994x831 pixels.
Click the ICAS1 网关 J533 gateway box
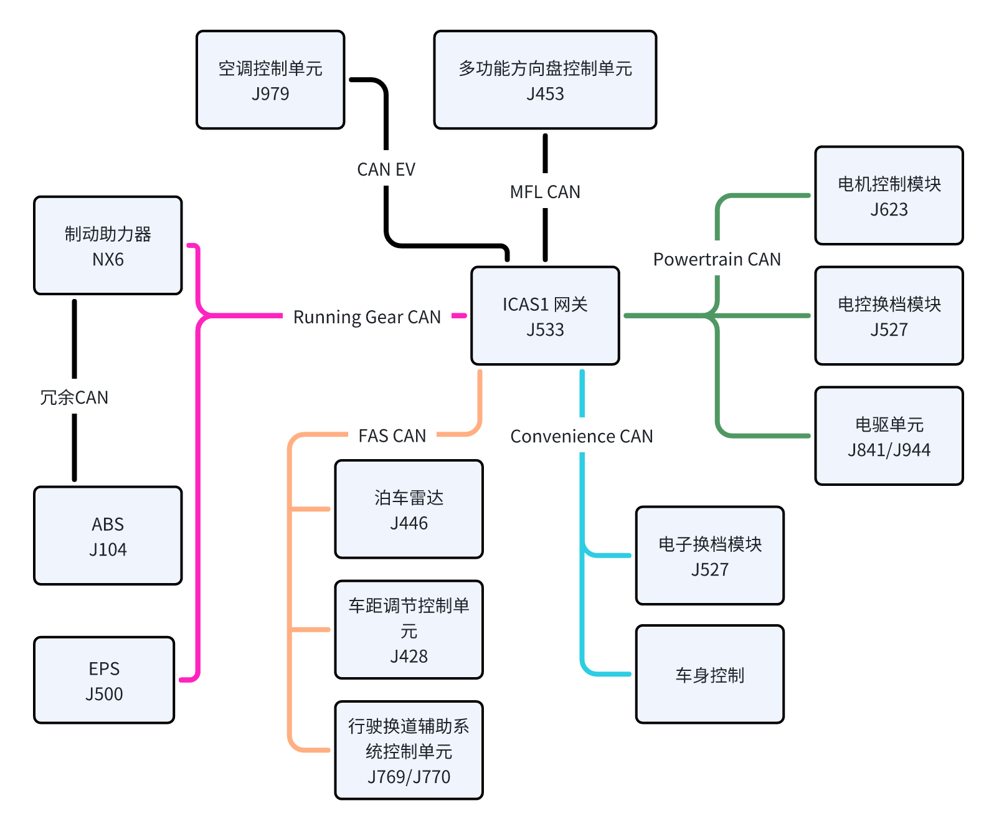tap(545, 316)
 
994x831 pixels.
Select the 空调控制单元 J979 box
tap(270, 80)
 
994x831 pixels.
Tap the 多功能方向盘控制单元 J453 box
tap(545, 80)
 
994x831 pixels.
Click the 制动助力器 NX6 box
tap(108, 245)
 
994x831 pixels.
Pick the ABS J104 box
tap(108, 536)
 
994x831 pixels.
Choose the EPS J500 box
tap(104, 680)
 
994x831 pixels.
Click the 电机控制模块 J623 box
tap(889, 196)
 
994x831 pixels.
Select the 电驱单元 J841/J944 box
tap(889, 436)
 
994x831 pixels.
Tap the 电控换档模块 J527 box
tap(889, 316)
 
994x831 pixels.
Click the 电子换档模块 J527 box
tap(709, 556)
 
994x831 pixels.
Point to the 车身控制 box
tap(709, 675)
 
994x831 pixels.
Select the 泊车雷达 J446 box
tap(409, 510)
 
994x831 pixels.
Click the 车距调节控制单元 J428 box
tap(409, 630)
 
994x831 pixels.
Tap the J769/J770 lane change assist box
tap(409, 751)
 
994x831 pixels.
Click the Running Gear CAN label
tap(367, 317)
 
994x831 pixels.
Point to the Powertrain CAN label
tap(717, 259)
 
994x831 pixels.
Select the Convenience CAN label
tap(582, 436)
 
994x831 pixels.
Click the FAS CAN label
tap(392, 435)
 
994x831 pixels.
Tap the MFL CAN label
tap(545, 192)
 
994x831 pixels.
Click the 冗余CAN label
tap(74, 397)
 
